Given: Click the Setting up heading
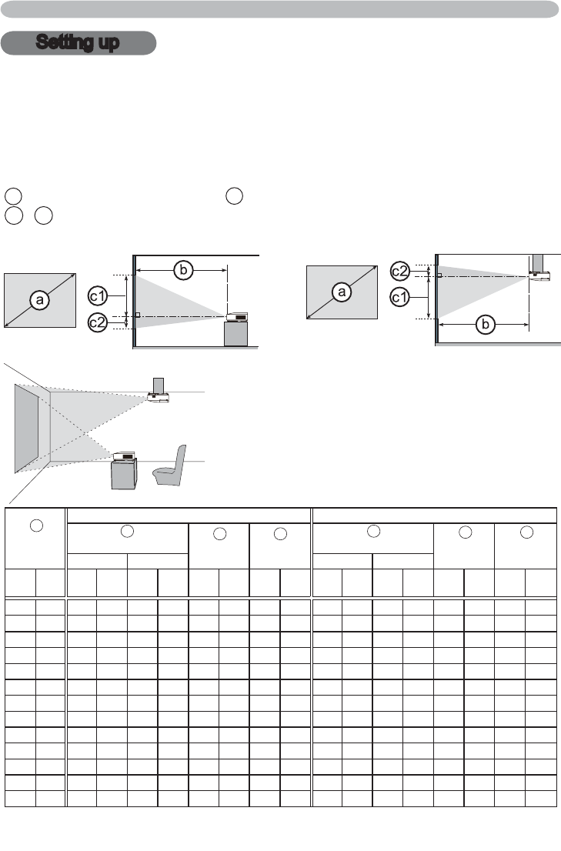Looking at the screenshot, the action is coord(78,43).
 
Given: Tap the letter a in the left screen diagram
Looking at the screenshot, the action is coord(38,301).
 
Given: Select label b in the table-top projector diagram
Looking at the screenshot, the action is coord(183,270).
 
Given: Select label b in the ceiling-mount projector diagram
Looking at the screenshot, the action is coord(485,325).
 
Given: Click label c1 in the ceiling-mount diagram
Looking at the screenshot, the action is coord(400,295).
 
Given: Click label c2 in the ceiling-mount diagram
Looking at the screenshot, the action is coord(400,271).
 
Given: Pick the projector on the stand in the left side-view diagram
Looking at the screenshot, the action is coord(235,316).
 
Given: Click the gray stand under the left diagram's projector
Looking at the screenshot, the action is coord(236,334).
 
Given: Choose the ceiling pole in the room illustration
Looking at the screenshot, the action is coord(159,383).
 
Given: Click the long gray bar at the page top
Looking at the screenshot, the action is coord(280,9).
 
